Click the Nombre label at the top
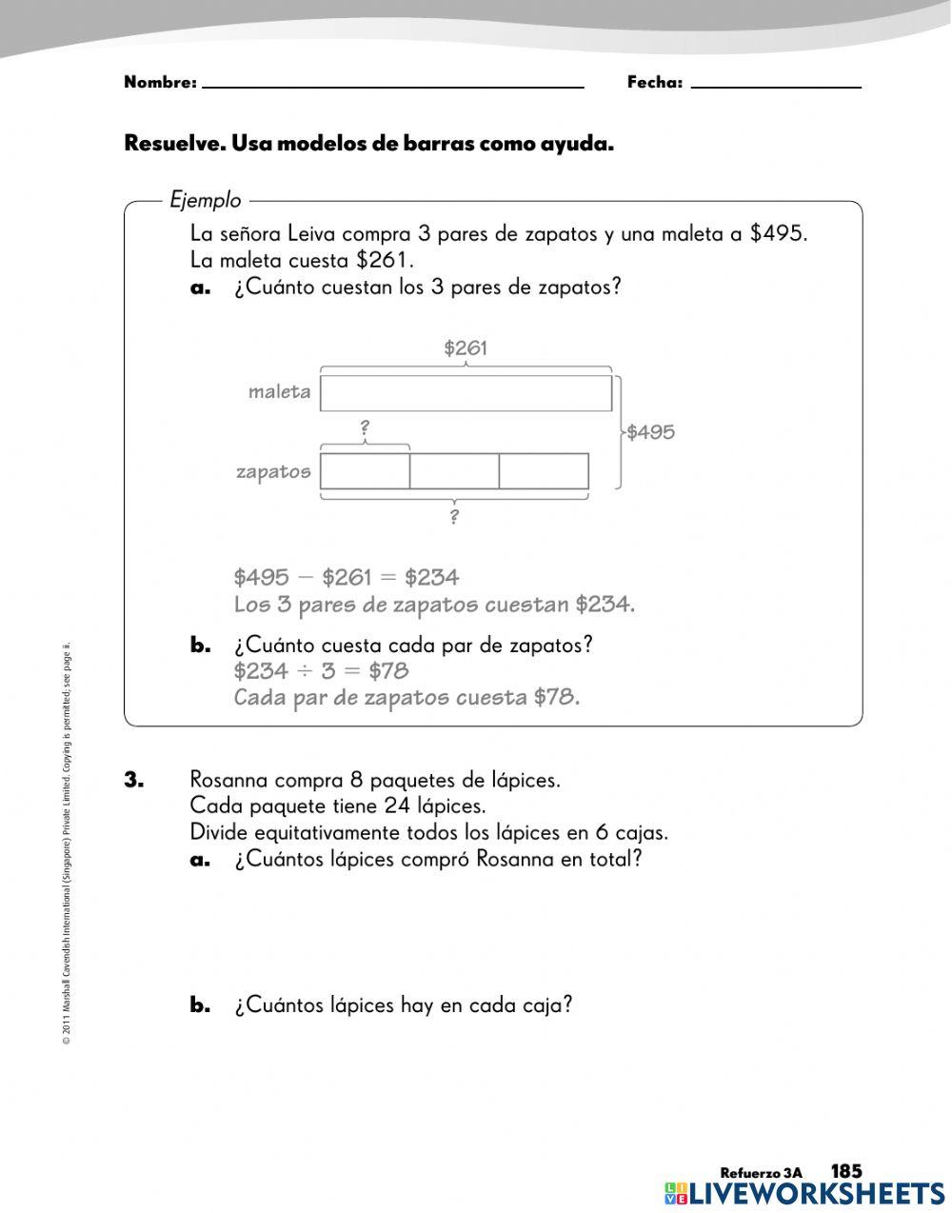[159, 83]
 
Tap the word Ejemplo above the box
[206, 201]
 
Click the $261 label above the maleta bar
[466, 348]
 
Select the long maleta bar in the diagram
[466, 393]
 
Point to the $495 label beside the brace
[651, 432]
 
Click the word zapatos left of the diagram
[273, 471]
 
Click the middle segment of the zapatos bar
[454, 471]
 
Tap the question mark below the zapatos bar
[454, 517]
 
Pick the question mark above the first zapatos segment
[365, 429]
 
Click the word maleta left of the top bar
[279, 391]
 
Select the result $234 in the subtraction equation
[431, 577]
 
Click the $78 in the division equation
[388, 671]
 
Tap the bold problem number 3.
[133, 780]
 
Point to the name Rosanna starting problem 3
[228, 780]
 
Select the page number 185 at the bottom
[845, 1171]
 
